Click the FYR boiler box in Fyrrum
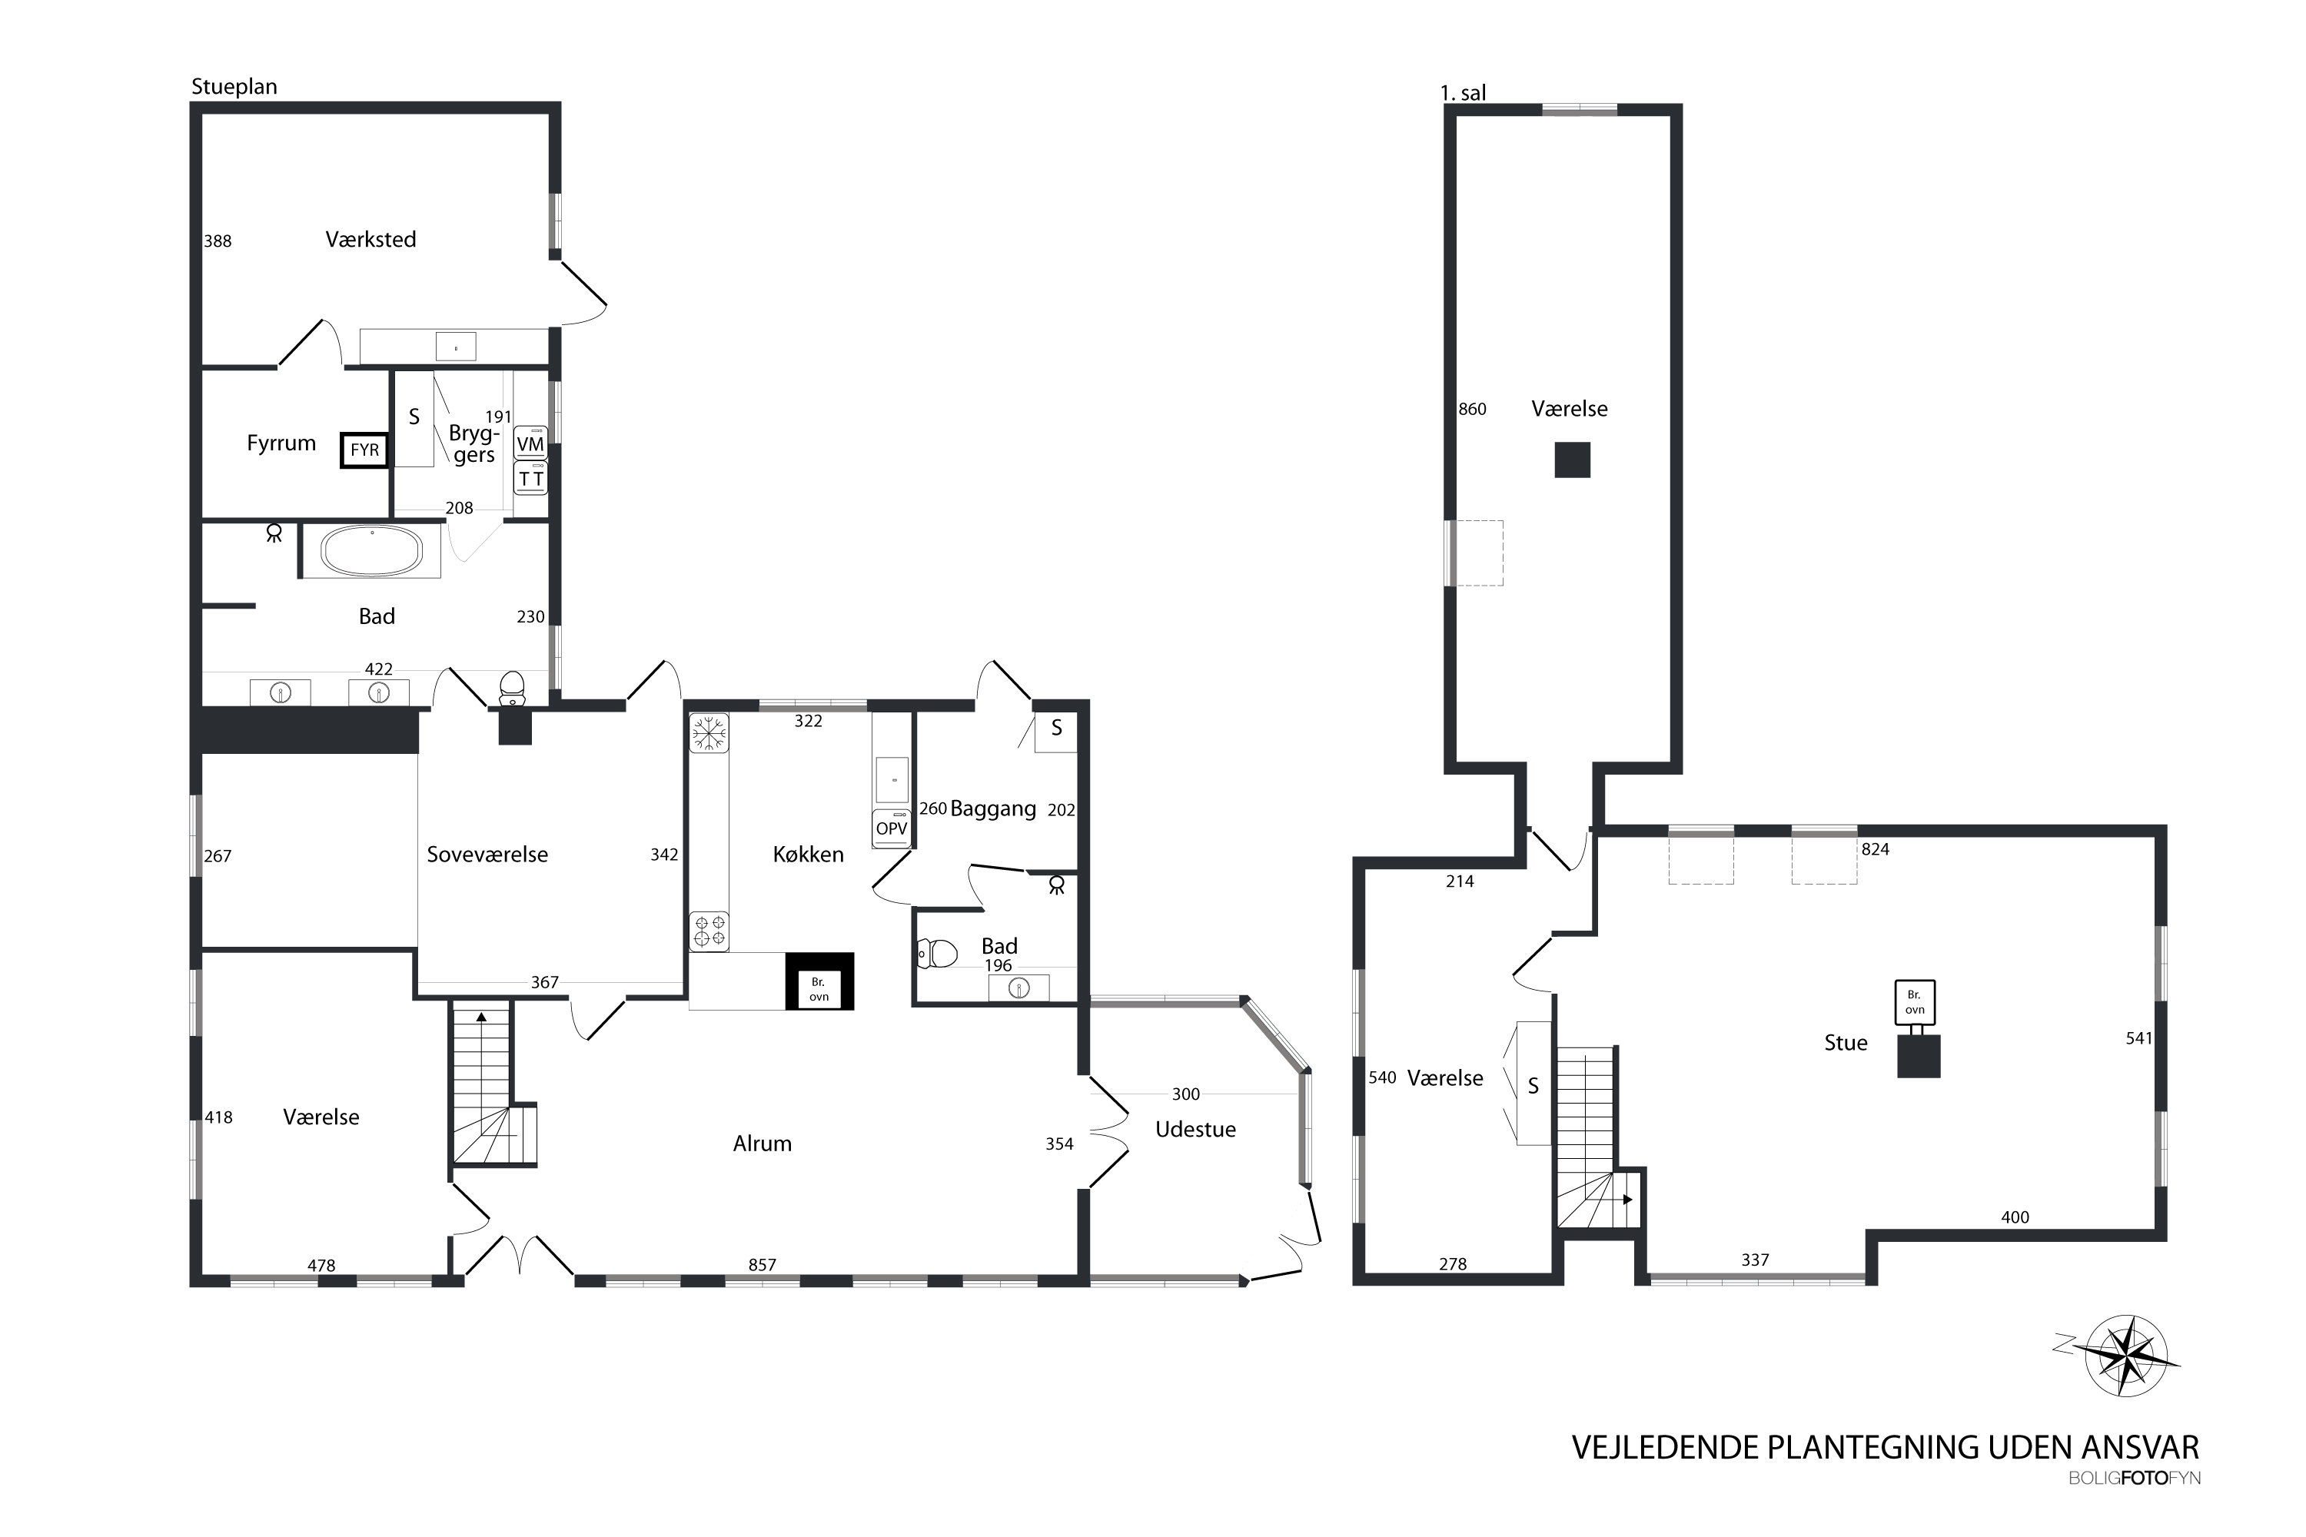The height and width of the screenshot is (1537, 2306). coord(364,450)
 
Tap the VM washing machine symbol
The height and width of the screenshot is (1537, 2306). coord(530,443)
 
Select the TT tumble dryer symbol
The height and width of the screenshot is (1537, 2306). coord(530,478)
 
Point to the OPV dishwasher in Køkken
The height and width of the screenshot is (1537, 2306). coord(891,828)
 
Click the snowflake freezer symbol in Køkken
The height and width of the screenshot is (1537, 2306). coord(709,733)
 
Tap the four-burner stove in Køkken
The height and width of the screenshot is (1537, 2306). coord(709,931)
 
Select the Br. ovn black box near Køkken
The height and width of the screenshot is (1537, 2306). coord(819,981)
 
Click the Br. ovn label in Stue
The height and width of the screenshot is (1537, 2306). coord(1915,1002)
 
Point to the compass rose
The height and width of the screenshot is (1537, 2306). coord(2124,1356)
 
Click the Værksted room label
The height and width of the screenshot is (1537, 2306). coord(370,239)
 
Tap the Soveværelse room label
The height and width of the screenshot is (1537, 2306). coord(487,854)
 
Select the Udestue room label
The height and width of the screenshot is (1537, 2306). coord(1195,1128)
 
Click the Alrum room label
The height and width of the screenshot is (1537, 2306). coord(762,1143)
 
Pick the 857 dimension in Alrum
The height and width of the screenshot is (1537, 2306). coord(762,1264)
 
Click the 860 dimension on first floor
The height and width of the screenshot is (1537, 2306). coord(1472,409)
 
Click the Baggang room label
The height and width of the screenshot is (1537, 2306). coord(993,808)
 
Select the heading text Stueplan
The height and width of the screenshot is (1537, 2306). coord(234,86)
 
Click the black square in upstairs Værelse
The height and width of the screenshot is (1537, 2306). coord(1572,460)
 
